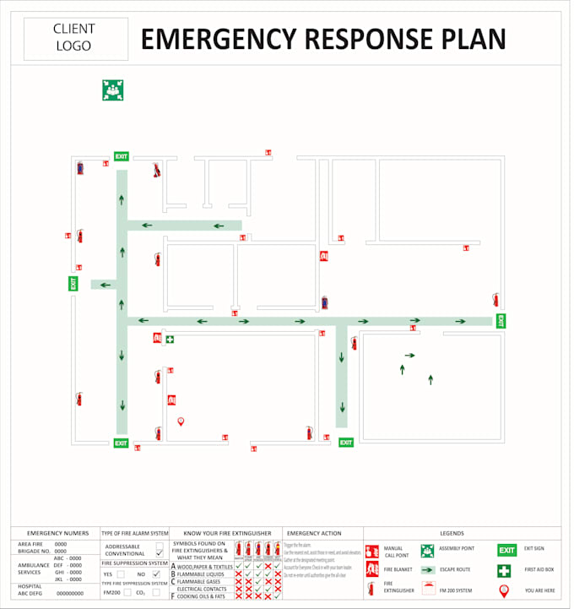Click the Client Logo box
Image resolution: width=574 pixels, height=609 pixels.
tap(75, 39)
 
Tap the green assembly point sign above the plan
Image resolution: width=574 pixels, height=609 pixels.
tap(113, 90)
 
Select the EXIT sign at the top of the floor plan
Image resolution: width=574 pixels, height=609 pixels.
tap(122, 156)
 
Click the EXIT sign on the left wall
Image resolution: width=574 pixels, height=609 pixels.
tap(73, 284)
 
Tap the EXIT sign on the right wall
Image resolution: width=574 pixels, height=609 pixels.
tap(501, 321)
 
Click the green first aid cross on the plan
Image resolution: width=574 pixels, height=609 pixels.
tap(171, 339)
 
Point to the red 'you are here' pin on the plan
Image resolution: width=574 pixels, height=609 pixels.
tap(181, 421)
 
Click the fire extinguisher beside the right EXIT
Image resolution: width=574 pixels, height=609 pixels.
tap(495, 299)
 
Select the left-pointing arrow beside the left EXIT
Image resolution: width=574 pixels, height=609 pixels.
tap(105, 285)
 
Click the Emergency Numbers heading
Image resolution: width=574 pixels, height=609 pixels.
tap(57, 534)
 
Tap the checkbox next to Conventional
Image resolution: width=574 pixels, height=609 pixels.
tap(159, 553)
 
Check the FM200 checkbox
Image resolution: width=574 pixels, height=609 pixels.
tap(127, 593)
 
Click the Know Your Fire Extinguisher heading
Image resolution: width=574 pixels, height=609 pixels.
tap(227, 534)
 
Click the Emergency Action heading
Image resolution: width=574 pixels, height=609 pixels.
tap(314, 534)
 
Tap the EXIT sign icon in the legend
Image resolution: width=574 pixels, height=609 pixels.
tap(506, 550)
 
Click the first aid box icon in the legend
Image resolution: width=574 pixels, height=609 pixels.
tap(504, 571)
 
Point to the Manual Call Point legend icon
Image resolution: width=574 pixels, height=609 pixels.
tap(371, 552)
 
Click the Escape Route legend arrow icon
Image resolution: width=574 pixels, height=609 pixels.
tap(427, 570)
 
